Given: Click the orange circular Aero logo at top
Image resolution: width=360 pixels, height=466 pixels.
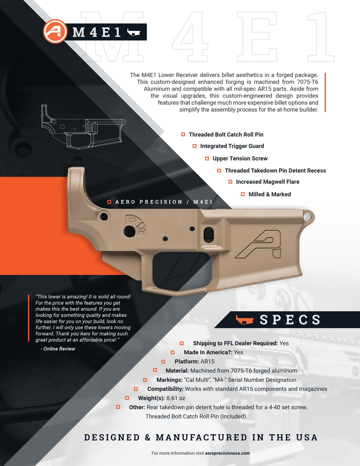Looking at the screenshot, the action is pyautogui.click(x=55, y=31).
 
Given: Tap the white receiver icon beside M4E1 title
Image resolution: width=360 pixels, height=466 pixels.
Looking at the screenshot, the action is pyautogui.click(x=134, y=32).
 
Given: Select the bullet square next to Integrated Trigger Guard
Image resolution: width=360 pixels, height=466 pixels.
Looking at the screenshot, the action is pyautogui.click(x=194, y=146).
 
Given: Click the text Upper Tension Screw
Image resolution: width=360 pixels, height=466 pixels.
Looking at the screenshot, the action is pyautogui.click(x=240, y=158).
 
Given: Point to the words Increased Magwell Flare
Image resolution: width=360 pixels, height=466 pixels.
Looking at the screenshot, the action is pyautogui.click(x=267, y=182).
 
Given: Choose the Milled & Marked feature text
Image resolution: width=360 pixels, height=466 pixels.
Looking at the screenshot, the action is pyautogui.click(x=270, y=194).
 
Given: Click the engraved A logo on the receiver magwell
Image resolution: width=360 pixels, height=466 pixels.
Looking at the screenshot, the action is pyautogui.click(x=258, y=244).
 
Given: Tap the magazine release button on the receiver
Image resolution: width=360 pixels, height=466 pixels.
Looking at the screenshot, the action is pyautogui.click(x=208, y=233).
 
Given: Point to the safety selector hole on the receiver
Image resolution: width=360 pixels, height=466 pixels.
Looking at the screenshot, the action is pyautogui.click(x=130, y=231).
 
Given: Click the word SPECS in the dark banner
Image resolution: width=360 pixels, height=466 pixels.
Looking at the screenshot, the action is pyautogui.click(x=290, y=320).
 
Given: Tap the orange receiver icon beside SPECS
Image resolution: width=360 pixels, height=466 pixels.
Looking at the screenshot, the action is pyautogui.click(x=244, y=319).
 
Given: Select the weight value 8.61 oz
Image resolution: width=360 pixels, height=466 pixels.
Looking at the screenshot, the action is pyautogui.click(x=176, y=398).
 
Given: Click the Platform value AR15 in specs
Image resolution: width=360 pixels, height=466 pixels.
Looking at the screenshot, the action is pyautogui.click(x=207, y=361).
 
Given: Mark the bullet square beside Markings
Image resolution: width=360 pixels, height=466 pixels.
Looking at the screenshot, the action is pyautogui.click(x=145, y=380).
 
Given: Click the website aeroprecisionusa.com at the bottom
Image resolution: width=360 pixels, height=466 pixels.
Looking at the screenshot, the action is pyautogui.click(x=228, y=453).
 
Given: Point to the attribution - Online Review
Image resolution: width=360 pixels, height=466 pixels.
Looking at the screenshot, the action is pyautogui.click(x=58, y=349).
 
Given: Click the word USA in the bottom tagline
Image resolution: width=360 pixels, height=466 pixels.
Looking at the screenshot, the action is pyautogui.click(x=307, y=438).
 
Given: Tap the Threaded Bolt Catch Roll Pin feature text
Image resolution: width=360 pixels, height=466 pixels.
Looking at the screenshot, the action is pyautogui.click(x=226, y=134).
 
